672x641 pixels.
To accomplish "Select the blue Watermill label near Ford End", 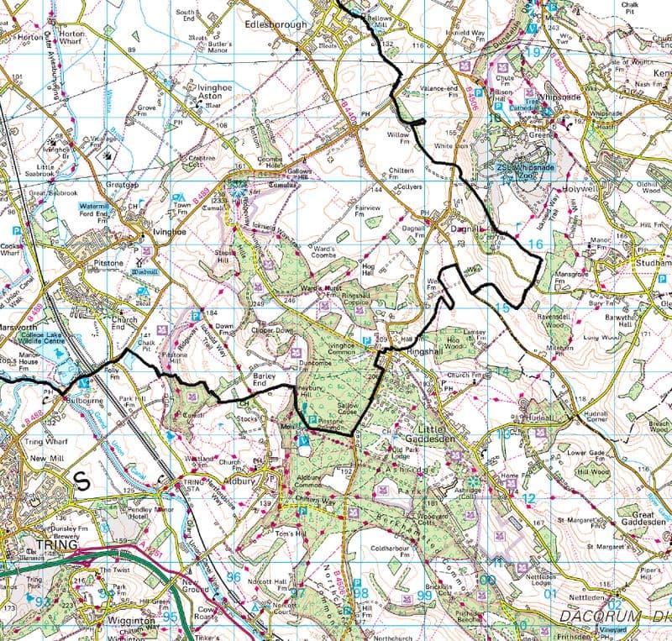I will pos(95,206).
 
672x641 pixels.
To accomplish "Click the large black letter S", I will pos(82,480).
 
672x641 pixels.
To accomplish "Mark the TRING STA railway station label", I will pos(196,486).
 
